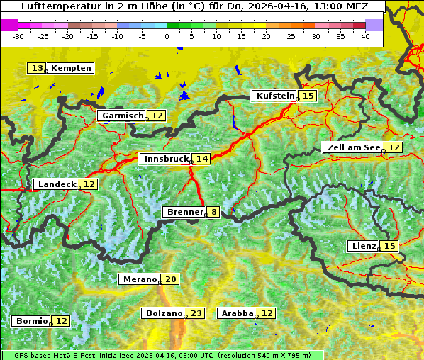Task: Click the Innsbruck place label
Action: click(166, 159)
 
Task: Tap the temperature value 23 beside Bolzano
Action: click(196, 313)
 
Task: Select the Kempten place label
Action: click(71, 68)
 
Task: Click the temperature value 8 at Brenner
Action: click(213, 212)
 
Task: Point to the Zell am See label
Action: click(352, 147)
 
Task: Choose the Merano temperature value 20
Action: click(171, 279)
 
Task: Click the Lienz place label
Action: click(364, 246)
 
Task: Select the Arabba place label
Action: click(237, 313)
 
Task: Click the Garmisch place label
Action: click(122, 116)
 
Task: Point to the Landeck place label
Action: click(57, 184)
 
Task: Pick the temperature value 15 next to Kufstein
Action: click(308, 96)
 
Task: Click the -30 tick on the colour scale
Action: click(18, 35)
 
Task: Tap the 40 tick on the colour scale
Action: click(365, 35)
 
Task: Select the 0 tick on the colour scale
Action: click(167, 35)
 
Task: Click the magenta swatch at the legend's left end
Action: click(9, 25)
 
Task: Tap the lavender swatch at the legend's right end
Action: click(374, 25)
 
